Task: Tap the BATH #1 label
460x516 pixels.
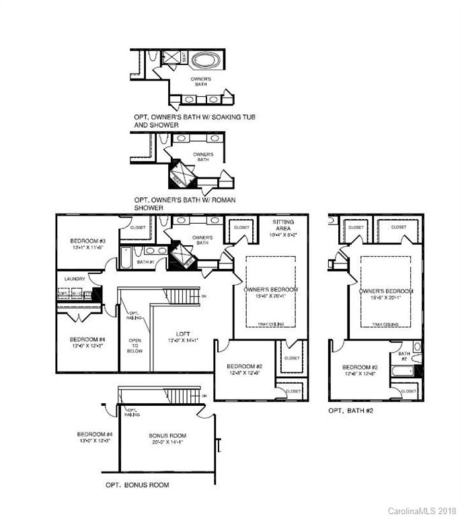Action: click(x=146, y=261)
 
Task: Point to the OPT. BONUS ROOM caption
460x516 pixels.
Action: click(x=137, y=484)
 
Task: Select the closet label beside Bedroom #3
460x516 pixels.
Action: click(x=137, y=227)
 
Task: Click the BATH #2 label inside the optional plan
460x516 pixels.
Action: click(x=404, y=355)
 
